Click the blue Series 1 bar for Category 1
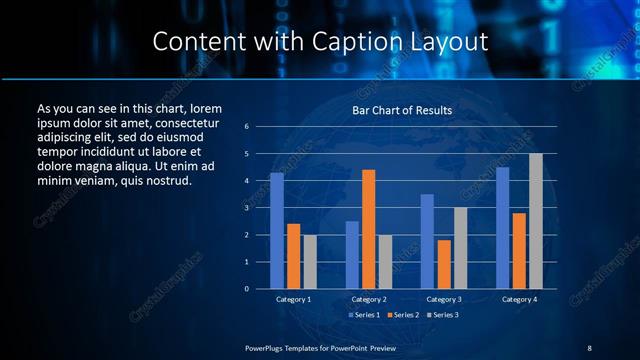(277, 231)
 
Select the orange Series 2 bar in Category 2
(368, 229)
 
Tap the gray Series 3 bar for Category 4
(536, 221)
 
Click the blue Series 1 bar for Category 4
(502, 228)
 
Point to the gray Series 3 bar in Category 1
(310, 262)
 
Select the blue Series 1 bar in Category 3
(427, 241)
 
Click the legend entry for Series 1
(362, 315)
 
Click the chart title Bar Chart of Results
(402, 110)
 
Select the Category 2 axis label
(368, 299)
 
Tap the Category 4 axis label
(519, 299)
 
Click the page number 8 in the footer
(589, 347)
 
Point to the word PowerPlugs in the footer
(267, 347)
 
